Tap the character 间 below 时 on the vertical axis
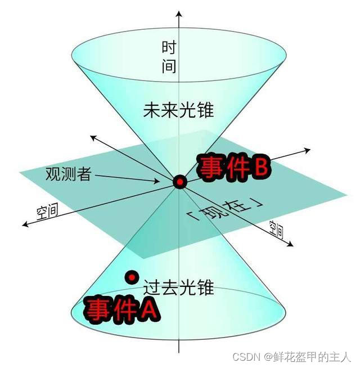[x=169, y=66]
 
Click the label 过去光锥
[x=179, y=288]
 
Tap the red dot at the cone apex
[x=180, y=182]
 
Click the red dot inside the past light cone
[x=132, y=277]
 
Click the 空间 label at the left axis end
[x=47, y=212]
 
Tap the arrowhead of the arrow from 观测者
[x=157, y=181]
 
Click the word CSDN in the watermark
[x=249, y=357]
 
